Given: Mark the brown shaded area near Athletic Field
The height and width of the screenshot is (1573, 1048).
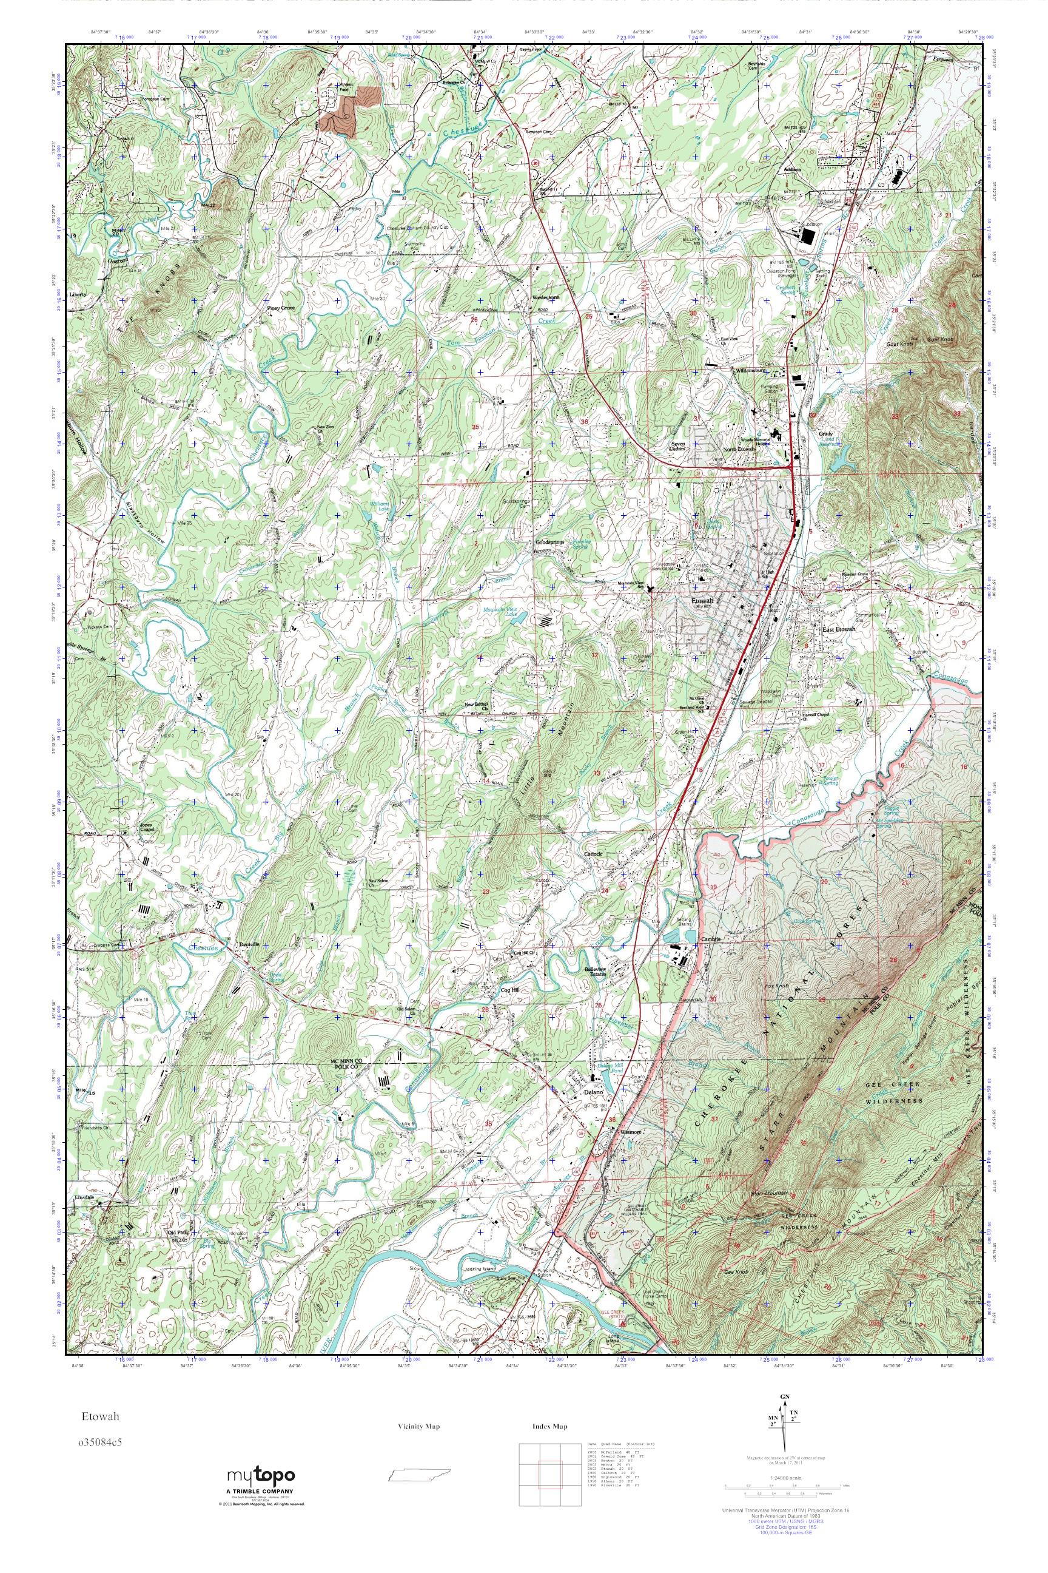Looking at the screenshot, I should point(348,110).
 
